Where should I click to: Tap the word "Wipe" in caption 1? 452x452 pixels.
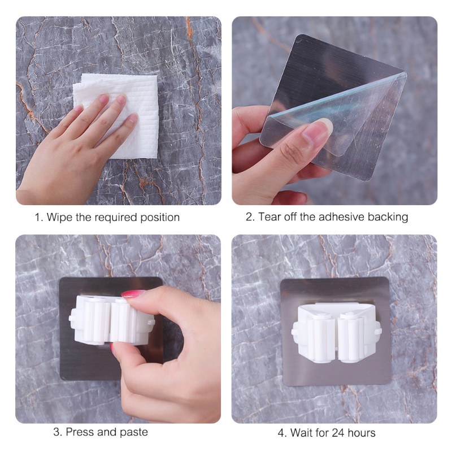[60, 217]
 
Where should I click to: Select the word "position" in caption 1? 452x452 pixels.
[160, 218]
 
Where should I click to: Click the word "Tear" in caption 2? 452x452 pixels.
[270, 217]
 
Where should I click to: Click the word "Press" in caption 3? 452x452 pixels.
[80, 432]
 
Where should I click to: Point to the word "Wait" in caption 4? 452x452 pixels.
[301, 433]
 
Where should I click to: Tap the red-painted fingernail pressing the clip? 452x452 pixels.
[133, 294]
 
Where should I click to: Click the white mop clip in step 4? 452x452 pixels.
[336, 332]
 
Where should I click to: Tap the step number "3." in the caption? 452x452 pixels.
[58, 432]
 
